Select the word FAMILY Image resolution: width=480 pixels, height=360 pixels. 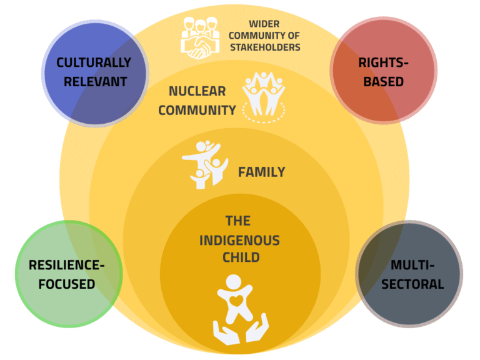(x=261, y=172)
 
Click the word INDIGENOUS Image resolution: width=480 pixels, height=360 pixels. (x=239, y=239)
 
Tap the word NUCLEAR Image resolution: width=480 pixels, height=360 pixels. (x=197, y=91)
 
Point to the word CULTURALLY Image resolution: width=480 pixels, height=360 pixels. (x=94, y=62)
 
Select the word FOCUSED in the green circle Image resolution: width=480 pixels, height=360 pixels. (x=65, y=284)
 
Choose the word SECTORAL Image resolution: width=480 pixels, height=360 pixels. (x=412, y=284)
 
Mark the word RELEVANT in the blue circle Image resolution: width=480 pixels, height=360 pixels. (x=94, y=81)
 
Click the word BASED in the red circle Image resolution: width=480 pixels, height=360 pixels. (x=381, y=81)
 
